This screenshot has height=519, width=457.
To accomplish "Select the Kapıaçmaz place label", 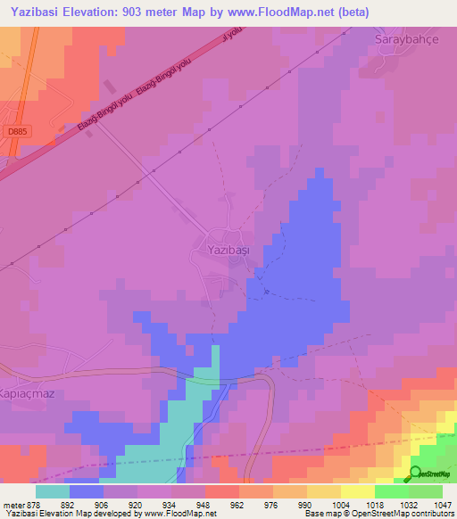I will coord(28,368).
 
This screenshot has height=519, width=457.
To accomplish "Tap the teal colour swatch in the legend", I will coord(53,491).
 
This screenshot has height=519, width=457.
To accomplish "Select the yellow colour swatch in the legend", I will coord(358,491).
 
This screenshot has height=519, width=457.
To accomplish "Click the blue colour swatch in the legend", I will coord(87,491).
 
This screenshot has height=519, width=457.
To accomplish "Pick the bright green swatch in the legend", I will coord(392,491).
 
